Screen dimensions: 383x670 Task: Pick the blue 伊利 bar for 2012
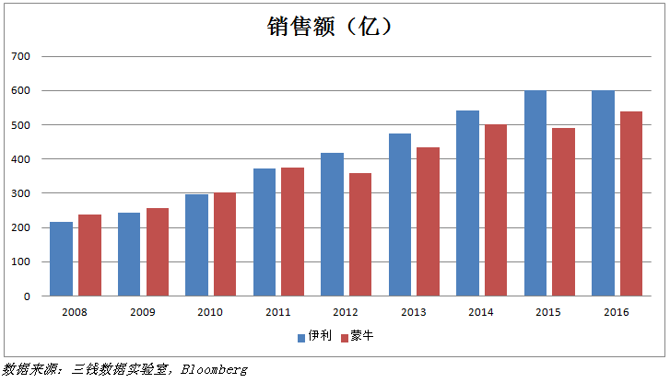coord(332,225)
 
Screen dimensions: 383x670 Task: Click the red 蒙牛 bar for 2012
coord(360,235)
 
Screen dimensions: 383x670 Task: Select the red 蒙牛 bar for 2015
coord(564,212)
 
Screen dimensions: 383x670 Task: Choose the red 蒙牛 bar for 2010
coord(225,244)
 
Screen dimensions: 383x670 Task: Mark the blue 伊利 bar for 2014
coord(468,203)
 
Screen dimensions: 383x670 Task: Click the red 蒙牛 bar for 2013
coord(429,222)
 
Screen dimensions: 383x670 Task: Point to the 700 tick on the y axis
coord(21,57)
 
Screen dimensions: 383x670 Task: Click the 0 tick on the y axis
coord(28,296)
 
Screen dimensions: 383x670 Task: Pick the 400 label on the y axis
coord(21,159)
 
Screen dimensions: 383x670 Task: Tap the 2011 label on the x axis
coord(277,313)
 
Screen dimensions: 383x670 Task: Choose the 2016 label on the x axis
coord(617,313)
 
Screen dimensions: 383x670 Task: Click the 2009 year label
coord(142,313)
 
